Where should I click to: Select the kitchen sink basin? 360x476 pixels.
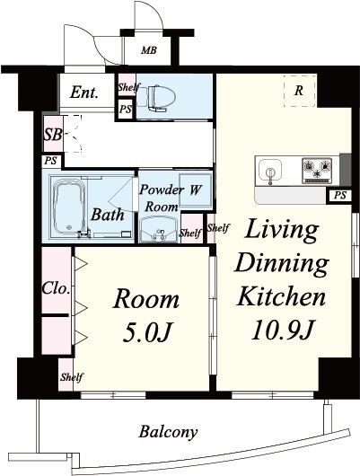point(270,172)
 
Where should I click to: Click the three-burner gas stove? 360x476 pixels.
point(317,171)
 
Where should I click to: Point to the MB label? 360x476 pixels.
point(149,50)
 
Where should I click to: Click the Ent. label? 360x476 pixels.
point(84,93)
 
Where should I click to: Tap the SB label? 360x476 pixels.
point(53,135)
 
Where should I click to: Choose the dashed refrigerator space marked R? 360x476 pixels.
point(300,91)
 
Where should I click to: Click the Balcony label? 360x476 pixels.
point(168,432)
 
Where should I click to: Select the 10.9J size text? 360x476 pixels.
point(282,330)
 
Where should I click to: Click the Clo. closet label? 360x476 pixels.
point(56,288)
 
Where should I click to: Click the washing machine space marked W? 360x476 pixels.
point(195,190)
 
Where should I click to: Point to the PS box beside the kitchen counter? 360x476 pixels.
point(340,196)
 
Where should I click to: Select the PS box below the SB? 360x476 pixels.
point(51,161)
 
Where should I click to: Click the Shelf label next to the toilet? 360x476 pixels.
point(129,87)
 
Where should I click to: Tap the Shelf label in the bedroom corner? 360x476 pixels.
point(72,377)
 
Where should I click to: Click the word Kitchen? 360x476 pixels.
point(281,296)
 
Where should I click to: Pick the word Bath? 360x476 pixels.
point(108,215)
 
